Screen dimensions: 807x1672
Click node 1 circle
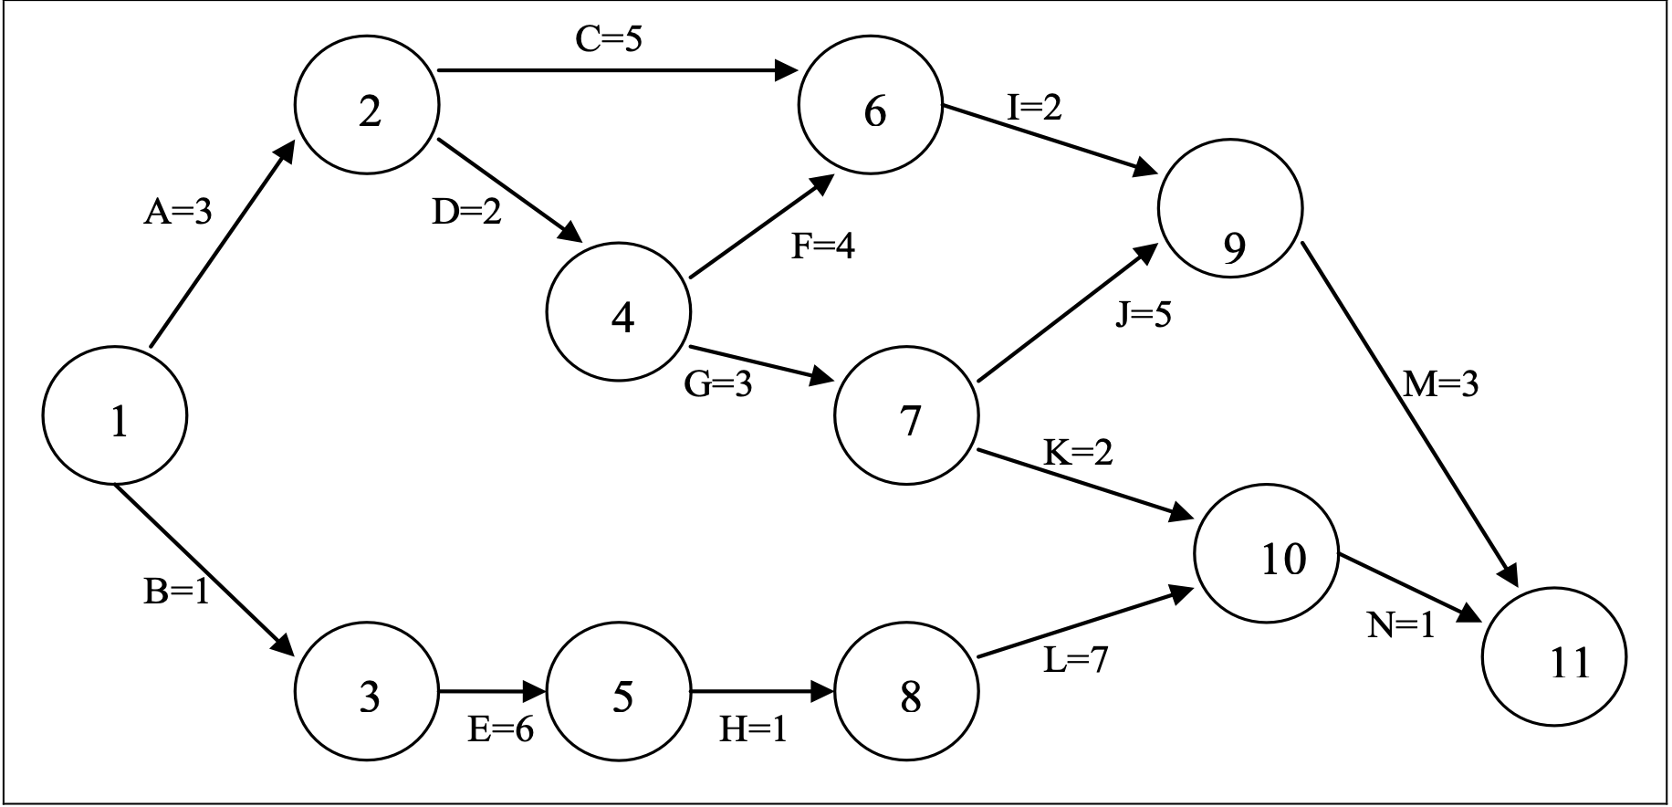[115, 416]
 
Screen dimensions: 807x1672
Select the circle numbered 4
[619, 312]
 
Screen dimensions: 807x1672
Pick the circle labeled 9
[1230, 208]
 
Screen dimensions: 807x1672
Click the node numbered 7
[906, 416]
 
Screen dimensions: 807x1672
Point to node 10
[1266, 554]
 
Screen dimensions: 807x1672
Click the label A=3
[178, 212]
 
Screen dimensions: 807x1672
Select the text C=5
[609, 39]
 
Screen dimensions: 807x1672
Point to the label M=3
[1440, 384]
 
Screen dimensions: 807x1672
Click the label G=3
[718, 384]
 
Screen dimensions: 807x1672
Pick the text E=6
[500, 729]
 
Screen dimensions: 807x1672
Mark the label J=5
[1143, 315]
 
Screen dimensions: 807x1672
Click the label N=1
[1401, 625]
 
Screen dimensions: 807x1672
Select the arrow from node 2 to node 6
[611, 69]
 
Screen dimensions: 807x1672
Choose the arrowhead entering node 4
[570, 234]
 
